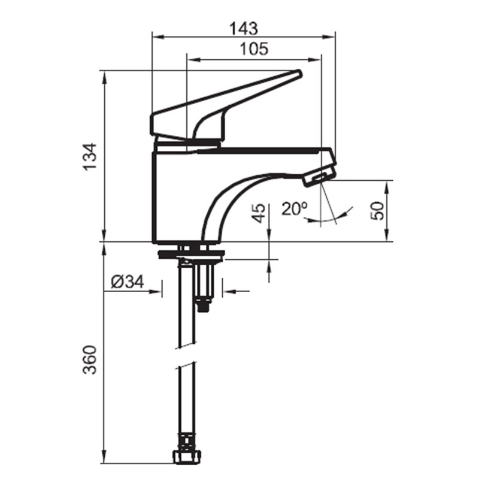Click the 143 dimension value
(x=244, y=28)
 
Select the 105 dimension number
(x=254, y=49)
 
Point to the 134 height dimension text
(x=91, y=156)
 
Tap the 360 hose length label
(x=90, y=360)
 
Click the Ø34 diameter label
(x=128, y=281)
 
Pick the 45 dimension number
(x=259, y=213)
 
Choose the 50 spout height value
(x=377, y=211)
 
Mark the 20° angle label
(x=295, y=209)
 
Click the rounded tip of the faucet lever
(x=299, y=74)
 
